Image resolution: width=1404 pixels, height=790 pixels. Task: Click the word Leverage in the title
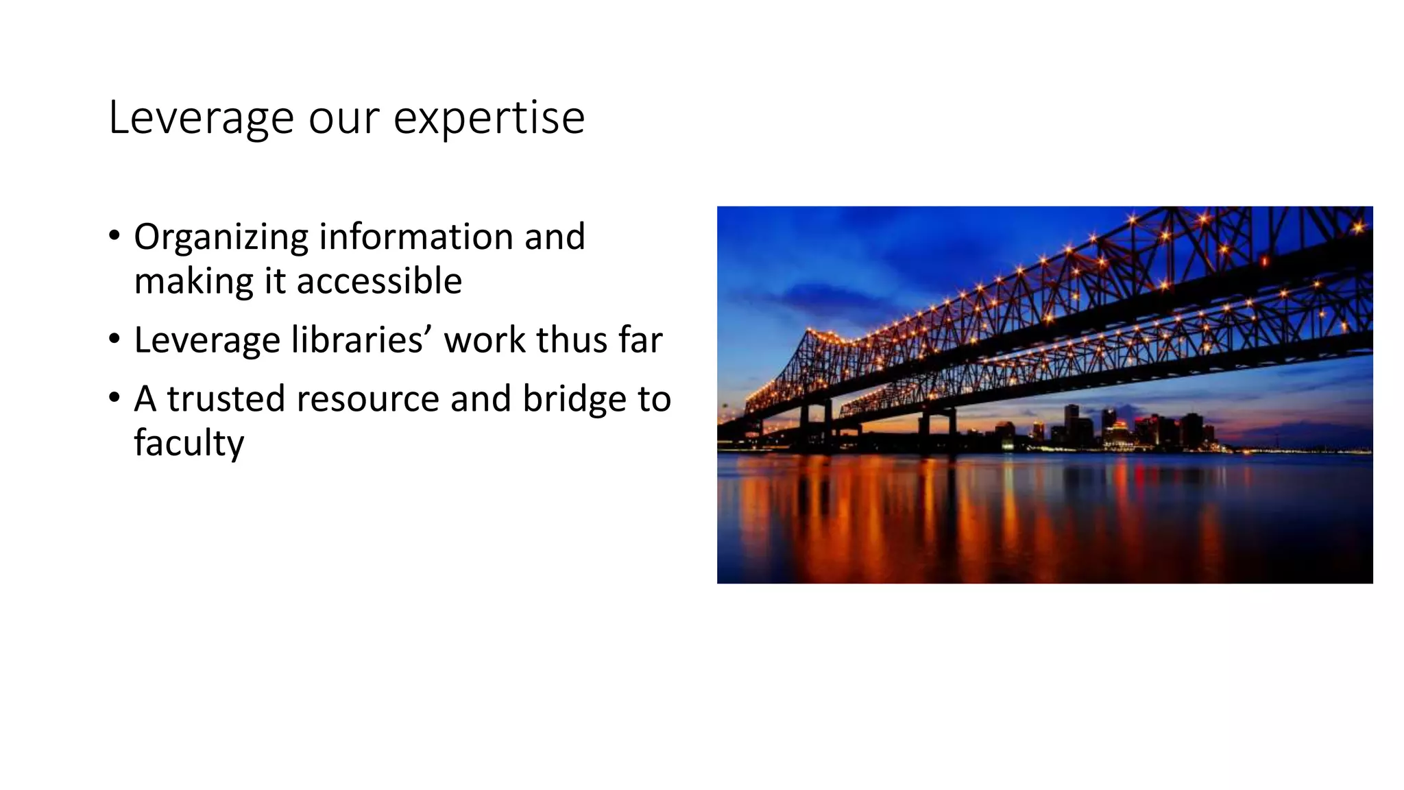coord(202,118)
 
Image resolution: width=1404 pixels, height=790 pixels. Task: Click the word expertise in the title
coord(489,118)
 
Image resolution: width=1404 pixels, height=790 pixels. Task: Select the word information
coord(416,237)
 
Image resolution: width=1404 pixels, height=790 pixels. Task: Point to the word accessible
coord(379,281)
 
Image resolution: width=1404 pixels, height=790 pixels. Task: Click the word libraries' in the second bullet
coord(361,340)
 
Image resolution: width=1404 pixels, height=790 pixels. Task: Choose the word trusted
coord(226,398)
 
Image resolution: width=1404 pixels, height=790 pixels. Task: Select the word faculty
coord(189,443)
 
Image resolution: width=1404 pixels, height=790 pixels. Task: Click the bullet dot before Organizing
coord(114,237)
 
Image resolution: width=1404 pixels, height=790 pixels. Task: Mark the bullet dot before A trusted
coord(114,398)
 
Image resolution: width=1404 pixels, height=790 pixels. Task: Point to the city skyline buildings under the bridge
coord(1131,429)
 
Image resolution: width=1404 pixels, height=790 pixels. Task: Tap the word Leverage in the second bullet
coord(207,340)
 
